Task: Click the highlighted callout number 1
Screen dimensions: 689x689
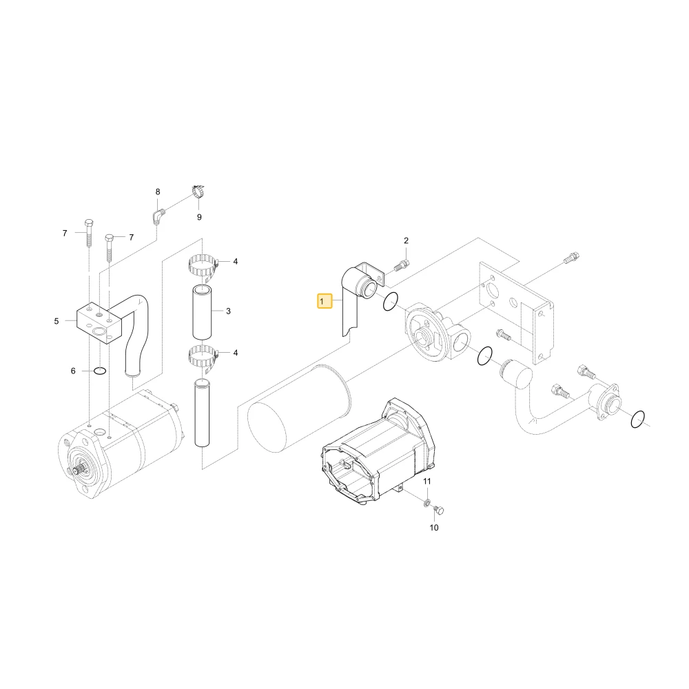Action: [x=325, y=302]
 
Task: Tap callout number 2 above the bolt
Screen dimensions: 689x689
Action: [x=406, y=240]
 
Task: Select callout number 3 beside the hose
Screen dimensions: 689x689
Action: [x=228, y=311]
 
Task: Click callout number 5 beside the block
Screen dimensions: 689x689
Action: [x=56, y=321]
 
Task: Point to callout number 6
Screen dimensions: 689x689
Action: [x=73, y=371]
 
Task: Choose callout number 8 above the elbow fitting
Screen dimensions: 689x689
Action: [x=158, y=192]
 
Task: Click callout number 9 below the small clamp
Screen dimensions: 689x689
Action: [x=199, y=217]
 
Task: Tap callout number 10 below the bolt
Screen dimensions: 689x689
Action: [x=434, y=527]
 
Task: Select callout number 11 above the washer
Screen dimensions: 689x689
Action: [x=427, y=482]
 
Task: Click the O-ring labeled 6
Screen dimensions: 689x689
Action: [x=100, y=371]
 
